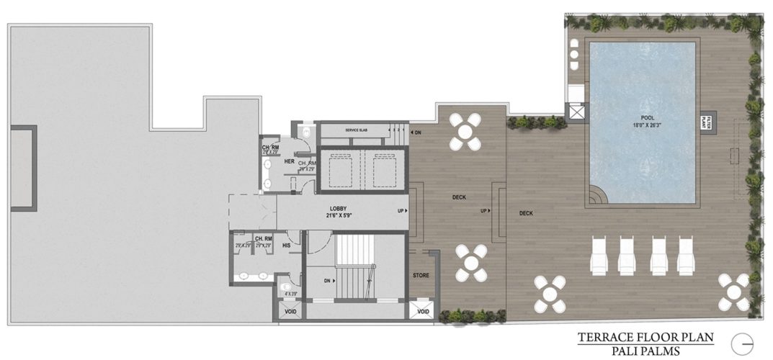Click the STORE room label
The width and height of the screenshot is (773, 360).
[x=421, y=275]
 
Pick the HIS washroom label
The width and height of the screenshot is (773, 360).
[x=286, y=245]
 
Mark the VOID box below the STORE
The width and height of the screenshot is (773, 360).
[x=423, y=311]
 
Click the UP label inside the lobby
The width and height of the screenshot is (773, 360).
[x=401, y=211]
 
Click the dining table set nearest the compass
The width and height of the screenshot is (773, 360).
[x=733, y=292]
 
